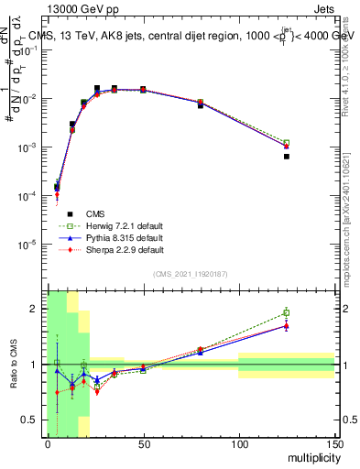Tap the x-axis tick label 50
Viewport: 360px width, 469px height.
click(x=143, y=443)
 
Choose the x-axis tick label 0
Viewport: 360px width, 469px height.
click(x=48, y=443)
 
